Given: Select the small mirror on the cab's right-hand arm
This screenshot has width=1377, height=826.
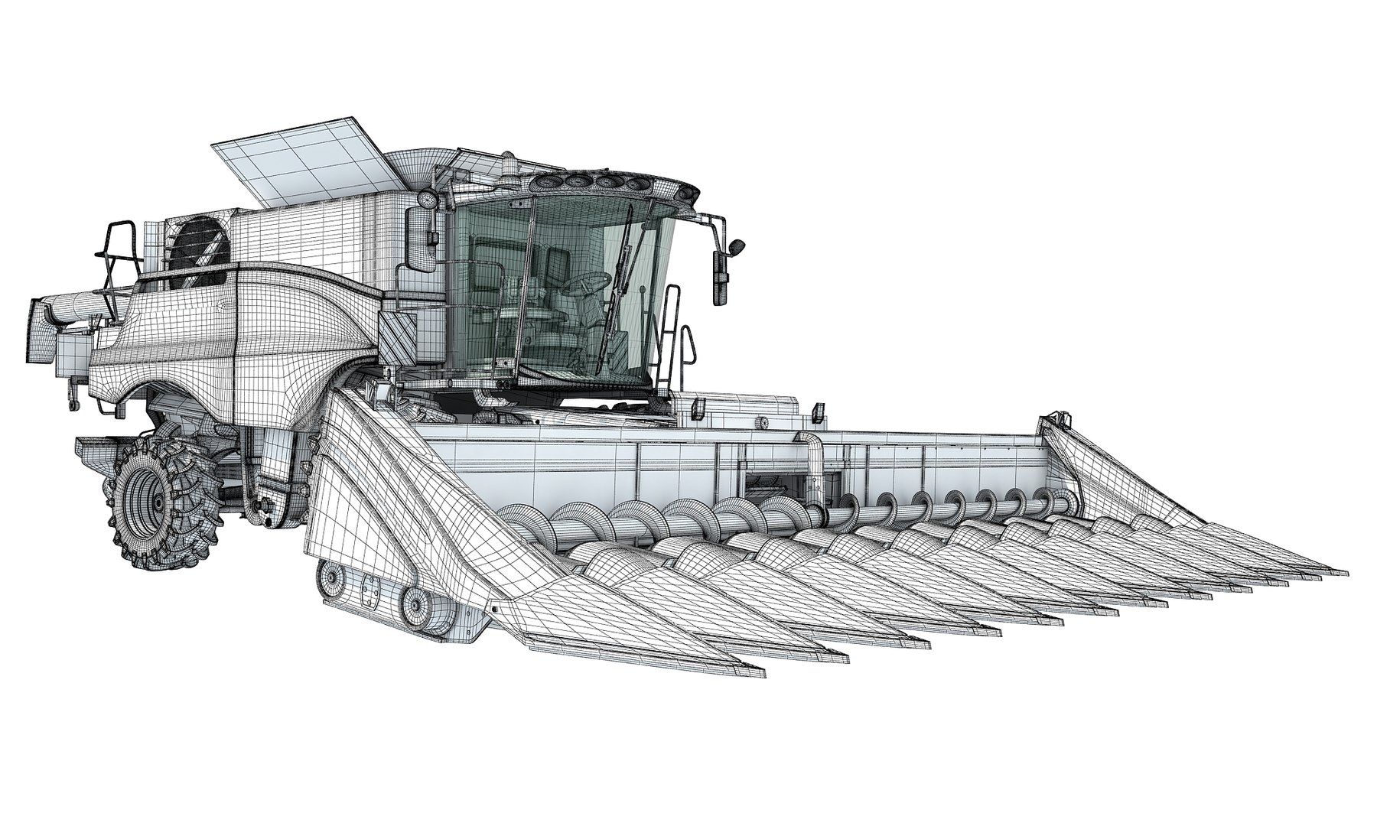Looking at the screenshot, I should tap(736, 247).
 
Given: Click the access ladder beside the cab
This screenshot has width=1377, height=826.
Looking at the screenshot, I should tap(672, 337).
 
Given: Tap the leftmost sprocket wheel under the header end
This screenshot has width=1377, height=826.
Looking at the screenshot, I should tap(330, 580).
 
